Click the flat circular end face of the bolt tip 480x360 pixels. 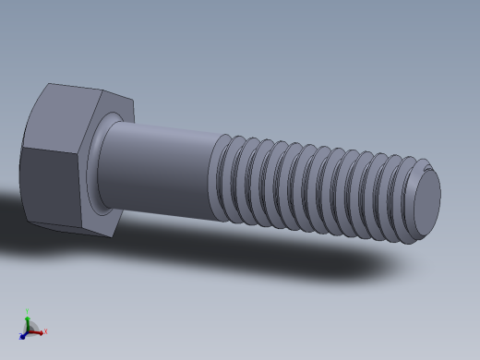click(x=426, y=200)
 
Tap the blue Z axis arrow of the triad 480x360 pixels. click(x=23, y=336)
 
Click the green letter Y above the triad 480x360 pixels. click(x=27, y=312)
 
